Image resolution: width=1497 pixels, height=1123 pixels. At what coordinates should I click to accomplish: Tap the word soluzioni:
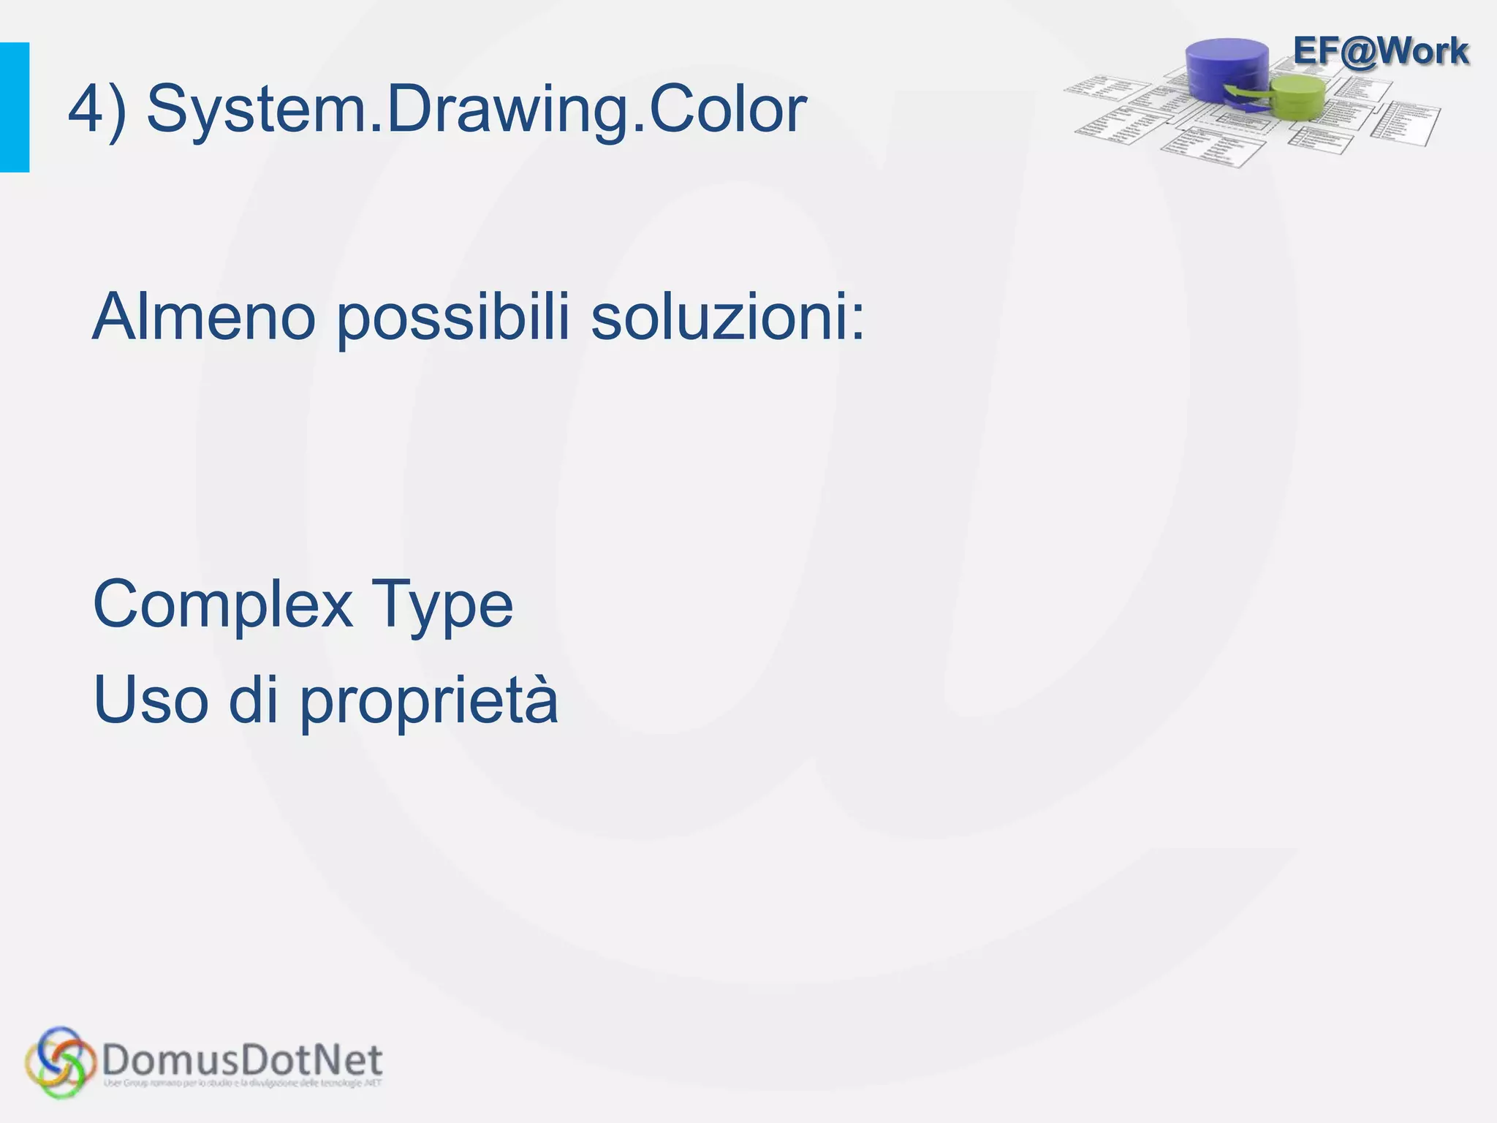[727, 317]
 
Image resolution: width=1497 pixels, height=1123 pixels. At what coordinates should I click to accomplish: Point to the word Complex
[222, 605]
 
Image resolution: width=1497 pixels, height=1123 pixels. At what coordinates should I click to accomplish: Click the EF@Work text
[1380, 51]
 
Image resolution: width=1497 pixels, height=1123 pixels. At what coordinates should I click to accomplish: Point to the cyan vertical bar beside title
[15, 107]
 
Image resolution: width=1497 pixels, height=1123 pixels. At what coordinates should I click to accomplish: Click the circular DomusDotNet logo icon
[60, 1062]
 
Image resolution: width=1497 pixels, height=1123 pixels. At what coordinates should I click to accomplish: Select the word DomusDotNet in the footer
[243, 1058]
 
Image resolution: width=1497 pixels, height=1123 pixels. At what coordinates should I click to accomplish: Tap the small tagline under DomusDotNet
[243, 1083]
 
